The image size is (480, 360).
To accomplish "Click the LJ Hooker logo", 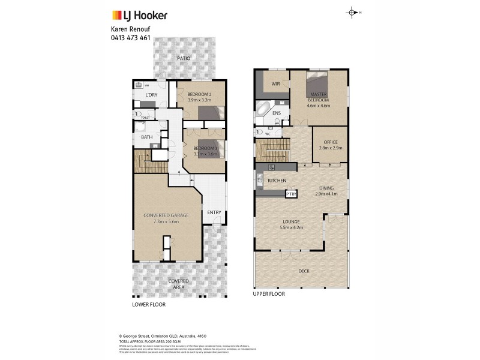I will pos(140,15).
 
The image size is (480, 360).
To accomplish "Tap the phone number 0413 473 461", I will pos(131,38).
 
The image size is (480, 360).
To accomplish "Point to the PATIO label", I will pos(183,58).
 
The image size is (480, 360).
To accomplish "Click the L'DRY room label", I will pos(152,95).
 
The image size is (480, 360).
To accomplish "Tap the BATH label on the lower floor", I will pos(147,137).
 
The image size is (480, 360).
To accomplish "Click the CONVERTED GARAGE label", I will pos(166,215).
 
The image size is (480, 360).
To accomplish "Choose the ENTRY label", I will pos(214,212).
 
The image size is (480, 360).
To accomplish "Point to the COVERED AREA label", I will pos(178,284).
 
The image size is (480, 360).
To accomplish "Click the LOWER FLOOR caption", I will pos(149,304).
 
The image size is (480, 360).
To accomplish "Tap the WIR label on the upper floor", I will pos(276,84).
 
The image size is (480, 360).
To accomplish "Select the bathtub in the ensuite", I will pos(264,109).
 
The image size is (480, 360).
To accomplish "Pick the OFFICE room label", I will pos(330,143).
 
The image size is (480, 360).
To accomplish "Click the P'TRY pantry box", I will pos(291,194).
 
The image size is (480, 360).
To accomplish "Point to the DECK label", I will pos(304,271).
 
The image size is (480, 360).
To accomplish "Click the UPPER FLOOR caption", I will pos(269,294).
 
